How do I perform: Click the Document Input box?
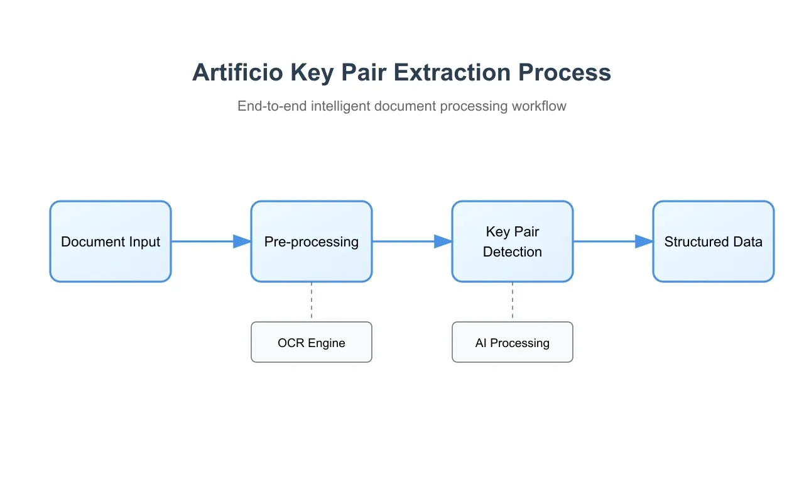tap(111, 241)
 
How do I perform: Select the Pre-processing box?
tap(312, 241)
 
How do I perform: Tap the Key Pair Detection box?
tap(513, 241)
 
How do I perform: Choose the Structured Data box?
tap(714, 241)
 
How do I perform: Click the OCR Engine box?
tap(312, 343)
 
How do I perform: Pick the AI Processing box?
tap(513, 343)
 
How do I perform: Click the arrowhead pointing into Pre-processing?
tap(242, 241)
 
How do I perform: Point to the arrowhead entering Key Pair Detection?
tap(443, 241)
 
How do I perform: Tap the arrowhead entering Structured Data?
tap(644, 241)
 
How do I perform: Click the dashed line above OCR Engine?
tap(312, 302)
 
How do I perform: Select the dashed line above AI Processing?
tap(513, 302)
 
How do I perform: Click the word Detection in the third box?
tap(513, 252)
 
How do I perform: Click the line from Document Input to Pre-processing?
tap(201, 241)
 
